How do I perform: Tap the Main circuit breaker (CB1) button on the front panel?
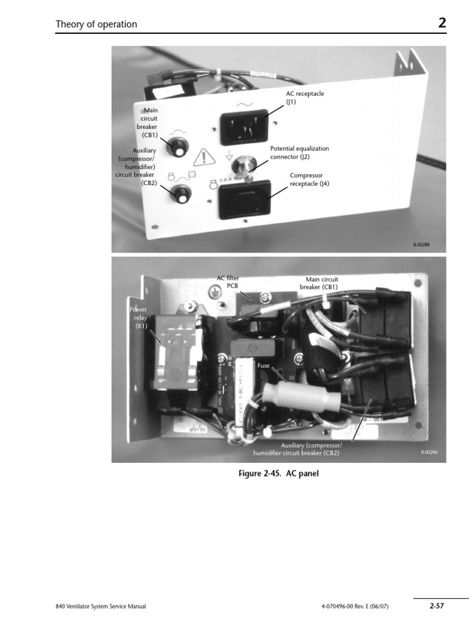pyautogui.click(x=179, y=150)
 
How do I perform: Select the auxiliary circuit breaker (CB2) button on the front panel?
pyautogui.click(x=182, y=196)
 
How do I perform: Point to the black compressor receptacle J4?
pyautogui.click(x=244, y=198)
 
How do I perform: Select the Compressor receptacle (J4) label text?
pyautogui.click(x=310, y=179)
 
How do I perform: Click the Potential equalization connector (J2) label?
pyautogui.click(x=299, y=152)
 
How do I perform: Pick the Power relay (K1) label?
pyautogui.click(x=138, y=317)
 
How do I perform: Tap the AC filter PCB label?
pyautogui.click(x=228, y=281)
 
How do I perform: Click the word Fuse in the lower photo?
pyautogui.click(x=264, y=365)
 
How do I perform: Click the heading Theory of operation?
pyautogui.click(x=96, y=25)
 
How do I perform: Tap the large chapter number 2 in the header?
pyautogui.click(x=442, y=23)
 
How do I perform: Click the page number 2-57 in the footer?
pyautogui.click(x=436, y=606)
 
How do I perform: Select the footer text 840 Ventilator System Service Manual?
pyautogui.click(x=101, y=607)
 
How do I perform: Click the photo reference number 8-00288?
pyautogui.click(x=421, y=245)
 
